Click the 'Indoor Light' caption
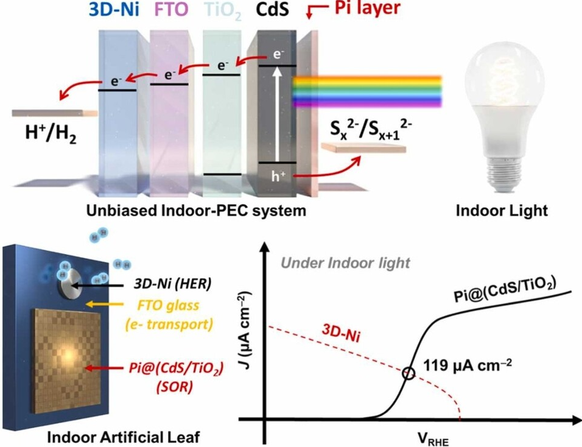coord(502,211)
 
